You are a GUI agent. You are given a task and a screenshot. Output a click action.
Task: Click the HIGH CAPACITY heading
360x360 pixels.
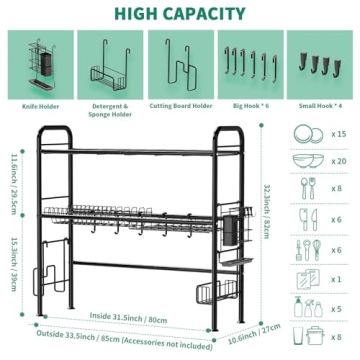pyautogui.click(x=180, y=14)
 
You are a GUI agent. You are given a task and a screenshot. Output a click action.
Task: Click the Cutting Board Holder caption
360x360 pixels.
pyautogui.click(x=179, y=103)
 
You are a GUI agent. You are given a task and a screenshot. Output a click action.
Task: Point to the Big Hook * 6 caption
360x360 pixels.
pyautogui.click(x=247, y=103)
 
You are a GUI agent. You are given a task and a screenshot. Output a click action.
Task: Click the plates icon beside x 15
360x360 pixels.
pyautogui.click(x=303, y=134)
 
